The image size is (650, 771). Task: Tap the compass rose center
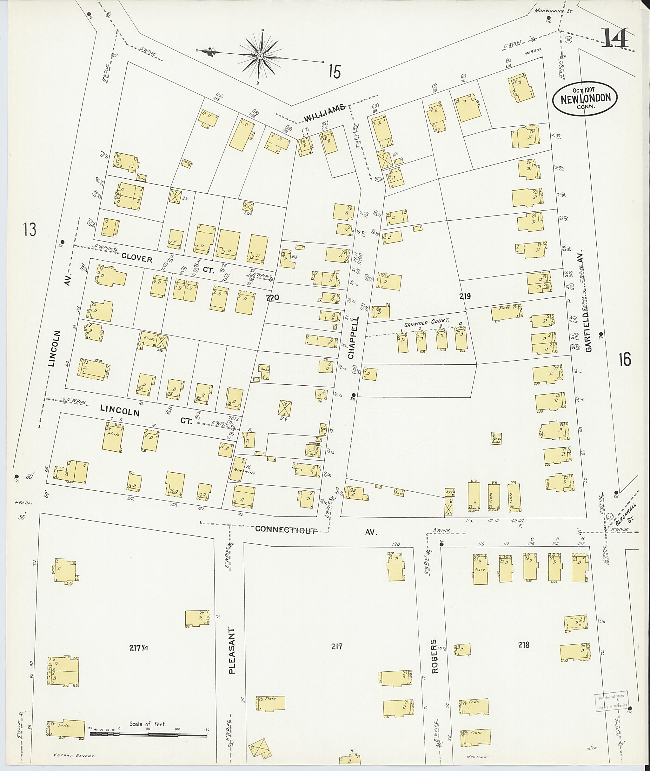point(260,56)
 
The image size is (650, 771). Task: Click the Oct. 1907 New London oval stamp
point(585,98)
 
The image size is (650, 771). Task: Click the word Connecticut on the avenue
point(286,530)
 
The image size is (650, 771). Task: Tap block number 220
point(273,297)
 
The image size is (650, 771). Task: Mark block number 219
point(465,296)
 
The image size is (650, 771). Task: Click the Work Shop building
point(496,438)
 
